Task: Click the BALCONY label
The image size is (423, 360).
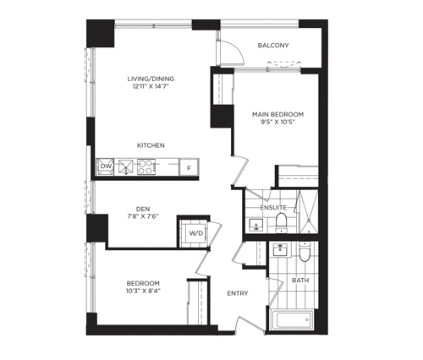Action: coord(273,46)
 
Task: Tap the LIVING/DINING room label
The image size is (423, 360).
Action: coord(151,79)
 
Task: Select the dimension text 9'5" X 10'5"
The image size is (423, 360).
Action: coord(277,122)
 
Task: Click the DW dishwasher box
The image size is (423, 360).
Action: coord(105,166)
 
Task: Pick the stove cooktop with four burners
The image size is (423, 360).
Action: coord(146,166)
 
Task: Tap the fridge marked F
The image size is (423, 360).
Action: coord(190,167)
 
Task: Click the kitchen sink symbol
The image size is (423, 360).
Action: coord(125,166)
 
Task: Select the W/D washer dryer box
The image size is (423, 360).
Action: coord(196,233)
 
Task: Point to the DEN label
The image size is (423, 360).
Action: coord(143,209)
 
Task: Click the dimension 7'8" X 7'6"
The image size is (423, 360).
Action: coord(143,216)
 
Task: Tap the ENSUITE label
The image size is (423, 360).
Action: coord(273,208)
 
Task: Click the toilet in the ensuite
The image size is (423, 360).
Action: coord(281,223)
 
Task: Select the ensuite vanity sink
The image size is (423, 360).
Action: coord(256,225)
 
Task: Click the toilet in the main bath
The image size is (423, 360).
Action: coord(305,251)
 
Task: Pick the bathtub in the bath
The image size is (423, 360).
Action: coord(292,319)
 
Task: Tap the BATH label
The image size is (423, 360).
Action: coord(300,281)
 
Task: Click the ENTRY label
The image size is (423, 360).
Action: coord(238,293)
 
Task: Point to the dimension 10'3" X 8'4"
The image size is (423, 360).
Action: coord(143,291)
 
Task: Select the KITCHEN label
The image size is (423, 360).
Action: coord(151,145)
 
